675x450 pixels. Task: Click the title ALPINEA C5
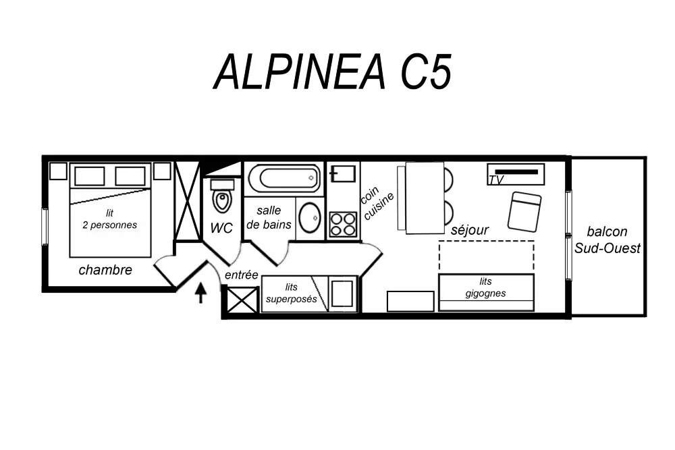(x=332, y=72)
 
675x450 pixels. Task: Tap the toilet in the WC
(x=222, y=196)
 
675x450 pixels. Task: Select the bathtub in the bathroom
(x=285, y=178)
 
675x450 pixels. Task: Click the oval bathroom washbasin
(x=310, y=218)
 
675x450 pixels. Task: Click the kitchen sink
(x=343, y=174)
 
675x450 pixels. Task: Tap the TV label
(x=496, y=180)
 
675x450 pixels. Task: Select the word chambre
(x=105, y=270)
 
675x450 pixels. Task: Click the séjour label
(x=470, y=230)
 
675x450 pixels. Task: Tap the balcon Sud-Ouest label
(x=607, y=240)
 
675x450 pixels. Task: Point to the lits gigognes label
(x=485, y=287)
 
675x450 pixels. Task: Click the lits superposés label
(x=292, y=293)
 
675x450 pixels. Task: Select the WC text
(x=221, y=228)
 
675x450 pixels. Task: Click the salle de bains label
(x=269, y=217)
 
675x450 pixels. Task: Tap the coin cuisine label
(x=376, y=202)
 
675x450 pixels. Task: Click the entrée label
(x=242, y=275)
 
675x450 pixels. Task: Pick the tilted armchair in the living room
(x=524, y=212)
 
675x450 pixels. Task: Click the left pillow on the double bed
(x=90, y=176)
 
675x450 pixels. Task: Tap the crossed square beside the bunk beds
(x=242, y=300)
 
